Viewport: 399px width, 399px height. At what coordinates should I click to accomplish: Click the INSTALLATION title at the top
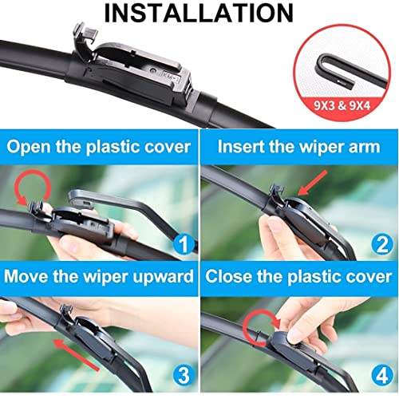coord(199,14)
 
